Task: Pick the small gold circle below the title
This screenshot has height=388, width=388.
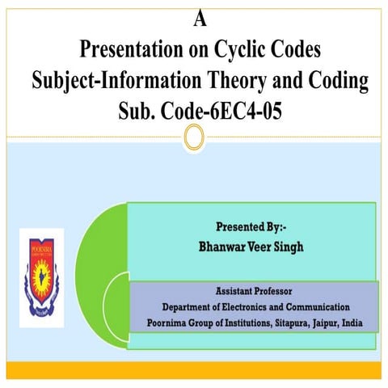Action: click(x=194, y=138)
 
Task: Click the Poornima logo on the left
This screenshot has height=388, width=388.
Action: click(x=40, y=273)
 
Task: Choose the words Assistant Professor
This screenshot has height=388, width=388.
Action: click(x=253, y=290)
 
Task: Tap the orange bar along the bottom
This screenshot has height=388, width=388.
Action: click(x=194, y=370)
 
